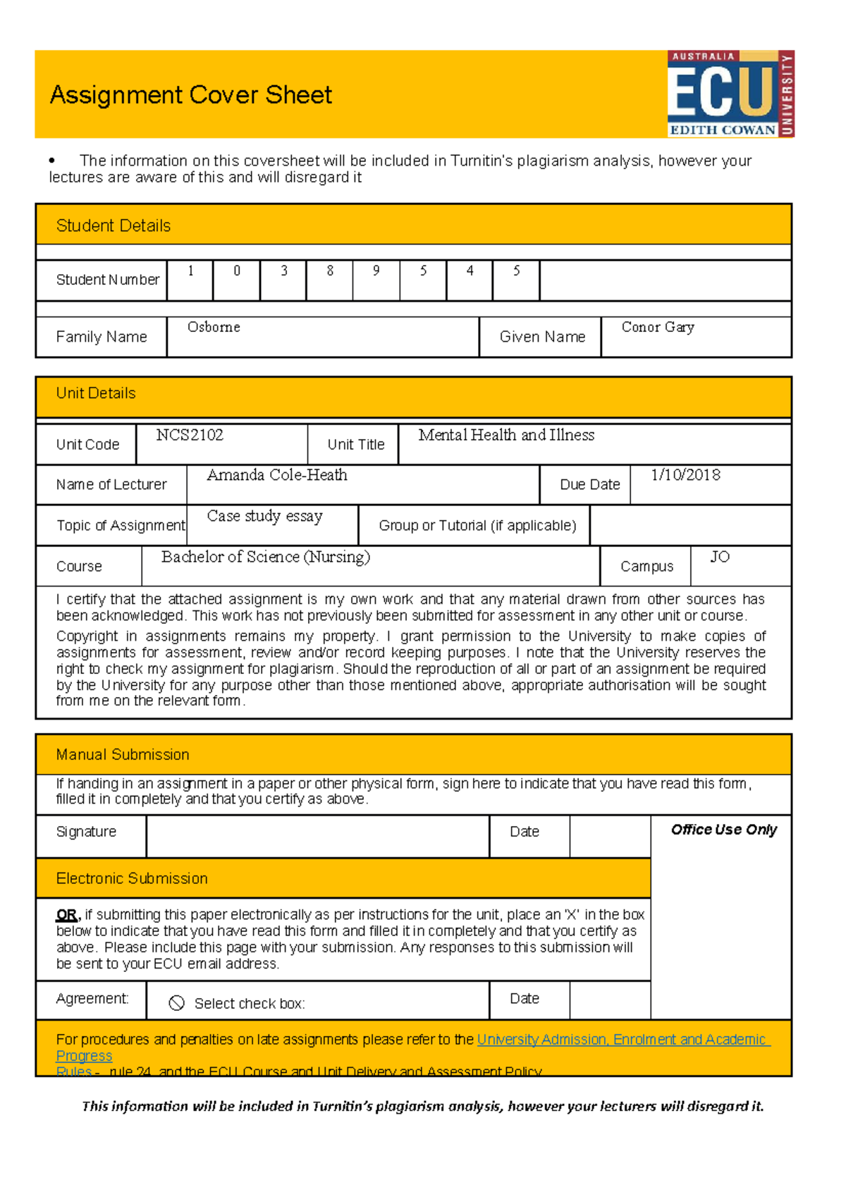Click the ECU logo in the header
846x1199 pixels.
730,94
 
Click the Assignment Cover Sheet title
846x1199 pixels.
190,95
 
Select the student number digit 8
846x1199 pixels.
330,271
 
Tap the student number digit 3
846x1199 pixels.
283,271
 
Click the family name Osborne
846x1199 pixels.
214,327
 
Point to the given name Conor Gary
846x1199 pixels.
658,327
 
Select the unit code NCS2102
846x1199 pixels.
190,435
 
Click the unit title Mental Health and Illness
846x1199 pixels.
506,435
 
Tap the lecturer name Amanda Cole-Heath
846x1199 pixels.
277,475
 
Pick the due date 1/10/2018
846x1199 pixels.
685,475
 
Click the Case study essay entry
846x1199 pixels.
264,516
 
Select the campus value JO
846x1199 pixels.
720,557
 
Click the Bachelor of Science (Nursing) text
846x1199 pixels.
266,557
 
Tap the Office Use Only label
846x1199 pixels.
723,830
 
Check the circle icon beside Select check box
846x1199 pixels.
177,1003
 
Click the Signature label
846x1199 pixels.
86,832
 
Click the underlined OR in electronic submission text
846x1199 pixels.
66,915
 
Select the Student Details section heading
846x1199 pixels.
113,226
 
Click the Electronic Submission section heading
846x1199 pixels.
132,878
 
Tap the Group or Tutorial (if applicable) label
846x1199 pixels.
477,525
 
